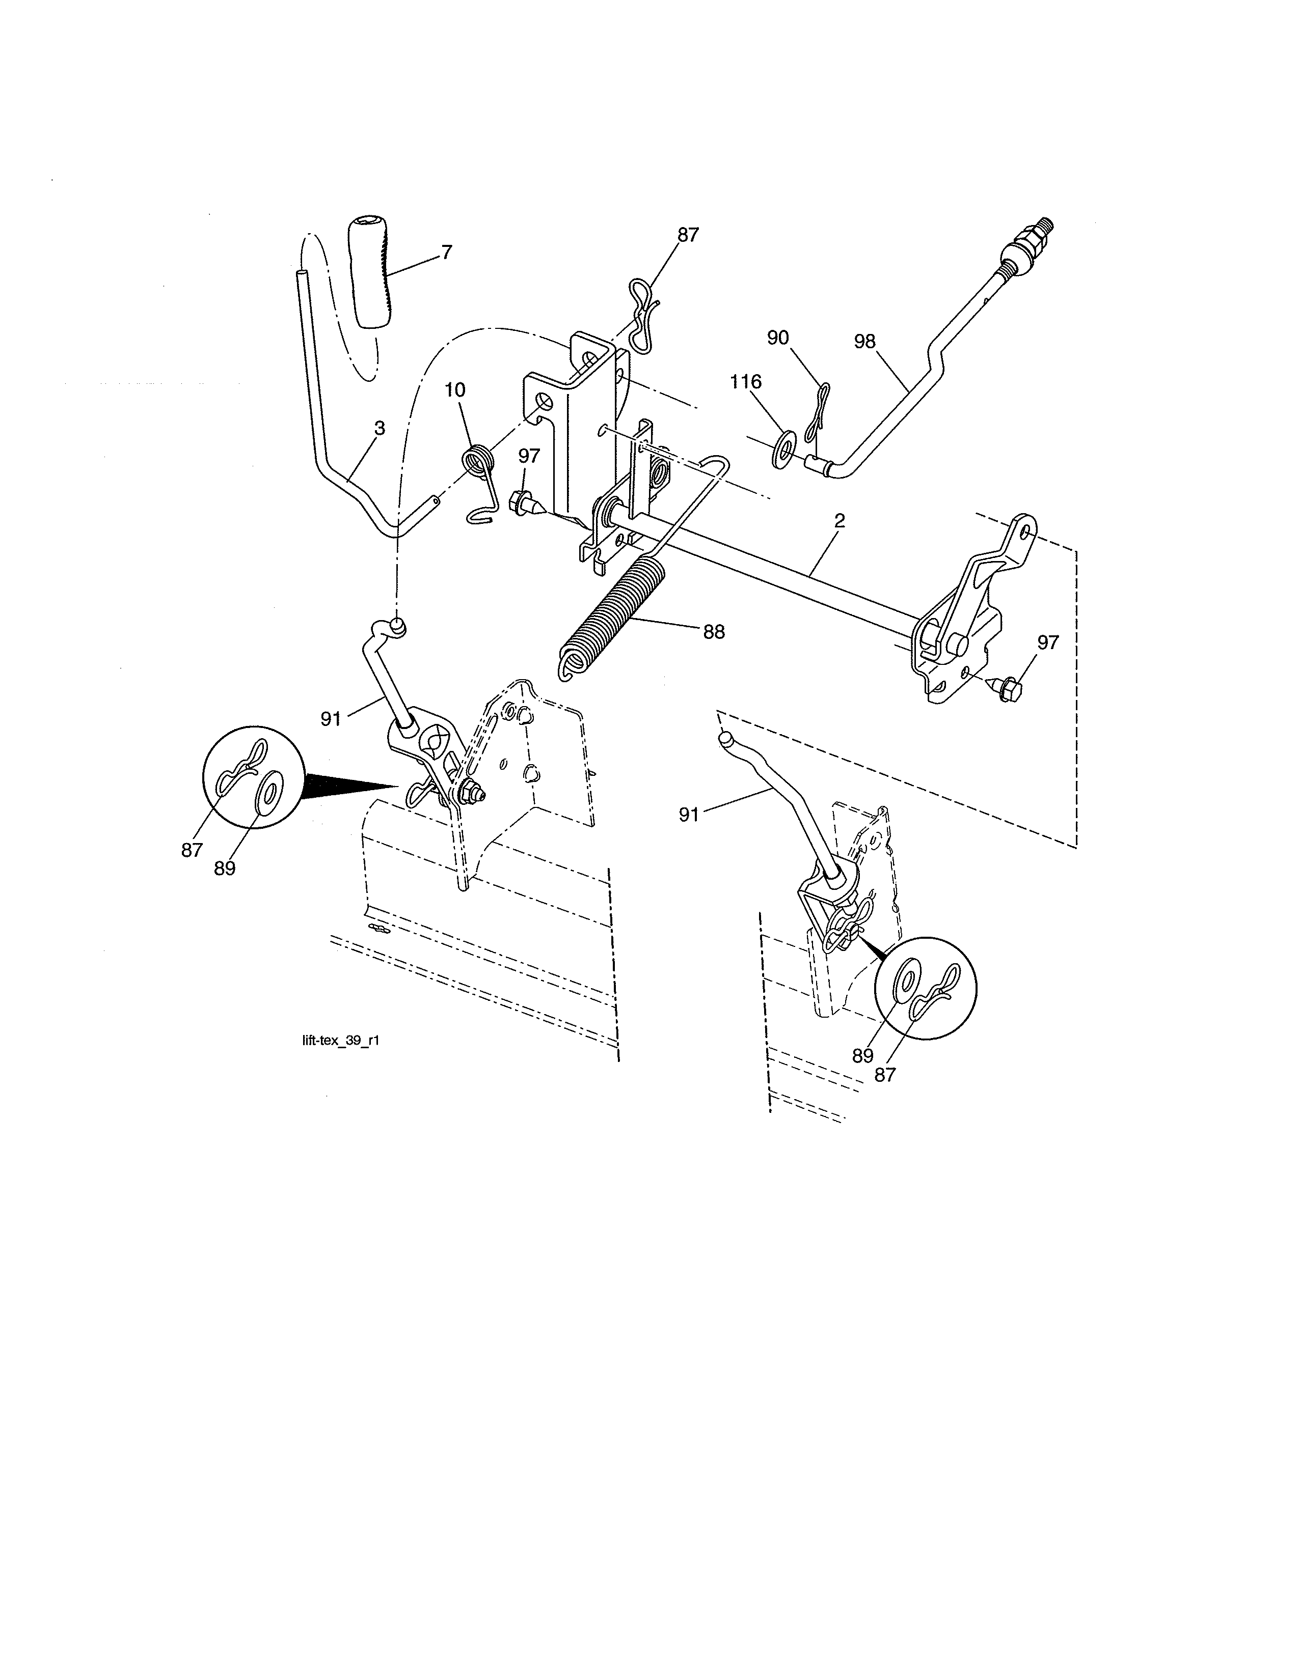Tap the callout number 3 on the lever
pos(380,429)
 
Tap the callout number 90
pos(778,338)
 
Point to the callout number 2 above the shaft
pos(840,521)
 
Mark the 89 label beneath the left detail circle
pos(225,867)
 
